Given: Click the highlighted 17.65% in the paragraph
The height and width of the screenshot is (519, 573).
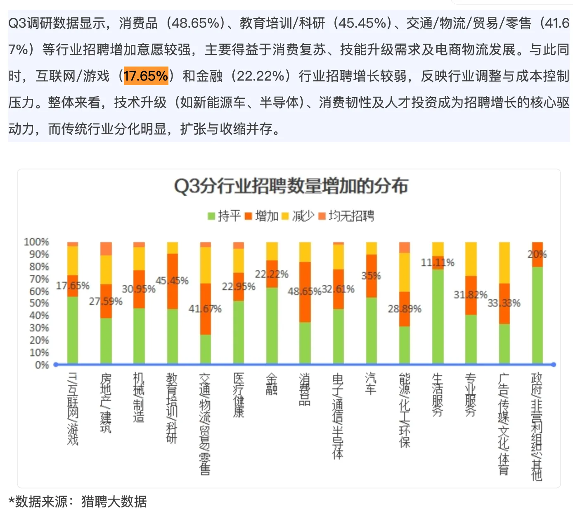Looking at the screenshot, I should (146, 76).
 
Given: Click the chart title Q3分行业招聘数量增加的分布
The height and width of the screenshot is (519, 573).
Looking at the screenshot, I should (291, 186).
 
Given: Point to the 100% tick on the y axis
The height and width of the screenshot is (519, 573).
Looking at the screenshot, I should (36, 242).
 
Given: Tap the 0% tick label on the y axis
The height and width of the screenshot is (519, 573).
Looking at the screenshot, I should (42, 365).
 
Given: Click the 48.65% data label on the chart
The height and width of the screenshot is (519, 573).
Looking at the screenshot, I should (304, 291).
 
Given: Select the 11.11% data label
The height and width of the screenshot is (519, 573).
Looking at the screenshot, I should (437, 262).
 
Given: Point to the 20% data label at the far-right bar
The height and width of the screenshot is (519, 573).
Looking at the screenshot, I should (537, 254).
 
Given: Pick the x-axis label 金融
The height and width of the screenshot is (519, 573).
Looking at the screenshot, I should (272, 384).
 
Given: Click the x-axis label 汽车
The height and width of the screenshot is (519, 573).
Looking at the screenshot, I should (371, 384).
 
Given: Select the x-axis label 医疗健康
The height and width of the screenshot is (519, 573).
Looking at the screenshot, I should (239, 395).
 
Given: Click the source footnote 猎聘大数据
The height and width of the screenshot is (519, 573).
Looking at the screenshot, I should (114, 501).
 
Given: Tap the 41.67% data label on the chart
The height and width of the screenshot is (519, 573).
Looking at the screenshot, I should (205, 309).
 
